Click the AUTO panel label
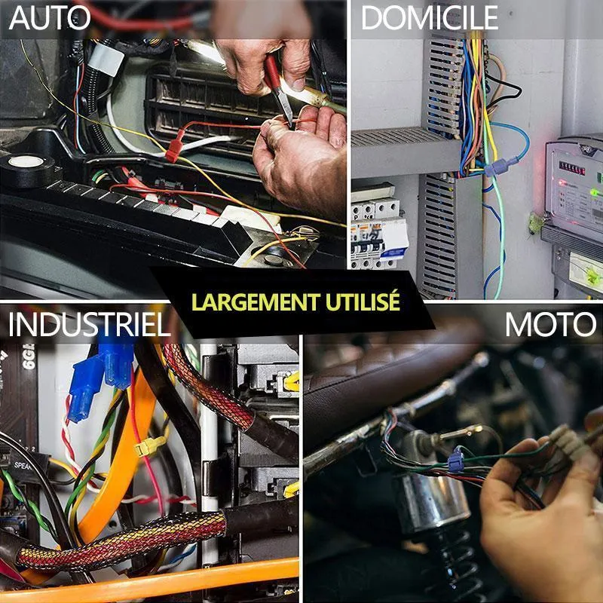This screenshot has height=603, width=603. coord(50,18)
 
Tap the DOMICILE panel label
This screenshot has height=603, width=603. coord(430,18)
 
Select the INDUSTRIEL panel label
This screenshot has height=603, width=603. coord(89,324)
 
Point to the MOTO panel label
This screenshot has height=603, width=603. coord(550,324)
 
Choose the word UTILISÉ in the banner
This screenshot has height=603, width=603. coord(363,302)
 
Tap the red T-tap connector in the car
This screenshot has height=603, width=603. coord(174,146)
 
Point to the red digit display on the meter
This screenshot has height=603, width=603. coord(572,168)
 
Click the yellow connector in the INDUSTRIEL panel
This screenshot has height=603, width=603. coord(150,446)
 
